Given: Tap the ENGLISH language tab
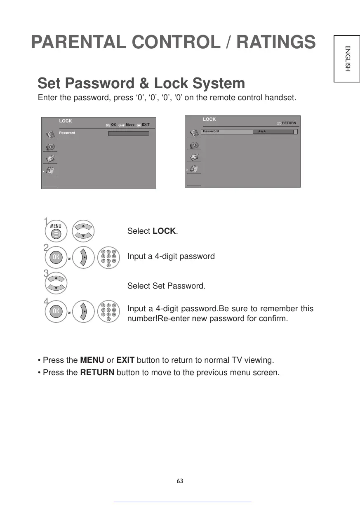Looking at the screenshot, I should pyautogui.click(x=348, y=58).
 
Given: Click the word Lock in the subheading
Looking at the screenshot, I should pyautogui.click(x=172, y=84).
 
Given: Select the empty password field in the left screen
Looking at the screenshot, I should pyautogui.click(x=129, y=134).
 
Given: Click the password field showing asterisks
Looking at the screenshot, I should pyautogui.click(x=273, y=132).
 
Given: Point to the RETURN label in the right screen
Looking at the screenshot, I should pyautogui.click(x=289, y=123).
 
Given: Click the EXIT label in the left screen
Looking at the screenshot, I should pyautogui.click(x=146, y=124).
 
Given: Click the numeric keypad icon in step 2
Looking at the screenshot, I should pyautogui.click(x=108, y=258).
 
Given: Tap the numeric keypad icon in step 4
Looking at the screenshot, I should pyautogui.click(x=108, y=312).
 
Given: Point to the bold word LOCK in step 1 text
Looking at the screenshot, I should pyautogui.click(x=164, y=231).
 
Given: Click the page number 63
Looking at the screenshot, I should pyautogui.click(x=180, y=481).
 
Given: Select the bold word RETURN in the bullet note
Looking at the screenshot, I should pyautogui.click(x=97, y=373).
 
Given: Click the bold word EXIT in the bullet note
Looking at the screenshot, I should pyautogui.click(x=125, y=360).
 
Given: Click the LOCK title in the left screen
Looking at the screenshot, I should pyautogui.click(x=66, y=121).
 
